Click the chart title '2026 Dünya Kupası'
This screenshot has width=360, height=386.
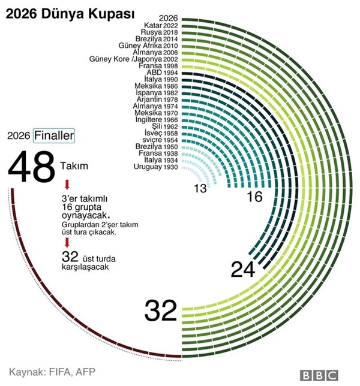coord(70,14)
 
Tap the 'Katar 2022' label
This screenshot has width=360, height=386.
coord(161,25)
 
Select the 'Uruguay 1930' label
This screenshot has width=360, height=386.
coord(156,167)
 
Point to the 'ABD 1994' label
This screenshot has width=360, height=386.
coord(162,73)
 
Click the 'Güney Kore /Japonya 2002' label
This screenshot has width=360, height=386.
coord(133,59)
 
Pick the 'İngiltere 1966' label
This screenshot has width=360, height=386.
coord(157,120)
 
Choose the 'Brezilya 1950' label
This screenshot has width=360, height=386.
coord(157,147)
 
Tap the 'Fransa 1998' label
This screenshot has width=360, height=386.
coord(158,66)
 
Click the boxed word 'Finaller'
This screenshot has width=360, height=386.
coord(54,135)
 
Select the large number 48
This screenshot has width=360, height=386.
coord(31,166)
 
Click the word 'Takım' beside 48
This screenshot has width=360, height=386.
coord(74,166)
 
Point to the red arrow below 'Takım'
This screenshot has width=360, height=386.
coord(67,185)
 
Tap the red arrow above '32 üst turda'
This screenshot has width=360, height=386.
coord(67,243)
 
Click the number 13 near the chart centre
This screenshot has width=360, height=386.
coord(200,189)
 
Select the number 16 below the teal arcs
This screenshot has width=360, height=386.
coord(255,197)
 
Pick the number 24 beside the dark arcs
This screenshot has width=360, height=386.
coord(243,270)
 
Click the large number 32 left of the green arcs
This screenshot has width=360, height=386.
coord(161,310)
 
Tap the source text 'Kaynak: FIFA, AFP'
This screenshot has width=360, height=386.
coord(52,372)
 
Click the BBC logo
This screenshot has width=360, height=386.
coord(319,376)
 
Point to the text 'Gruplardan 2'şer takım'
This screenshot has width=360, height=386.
coord(100,225)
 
